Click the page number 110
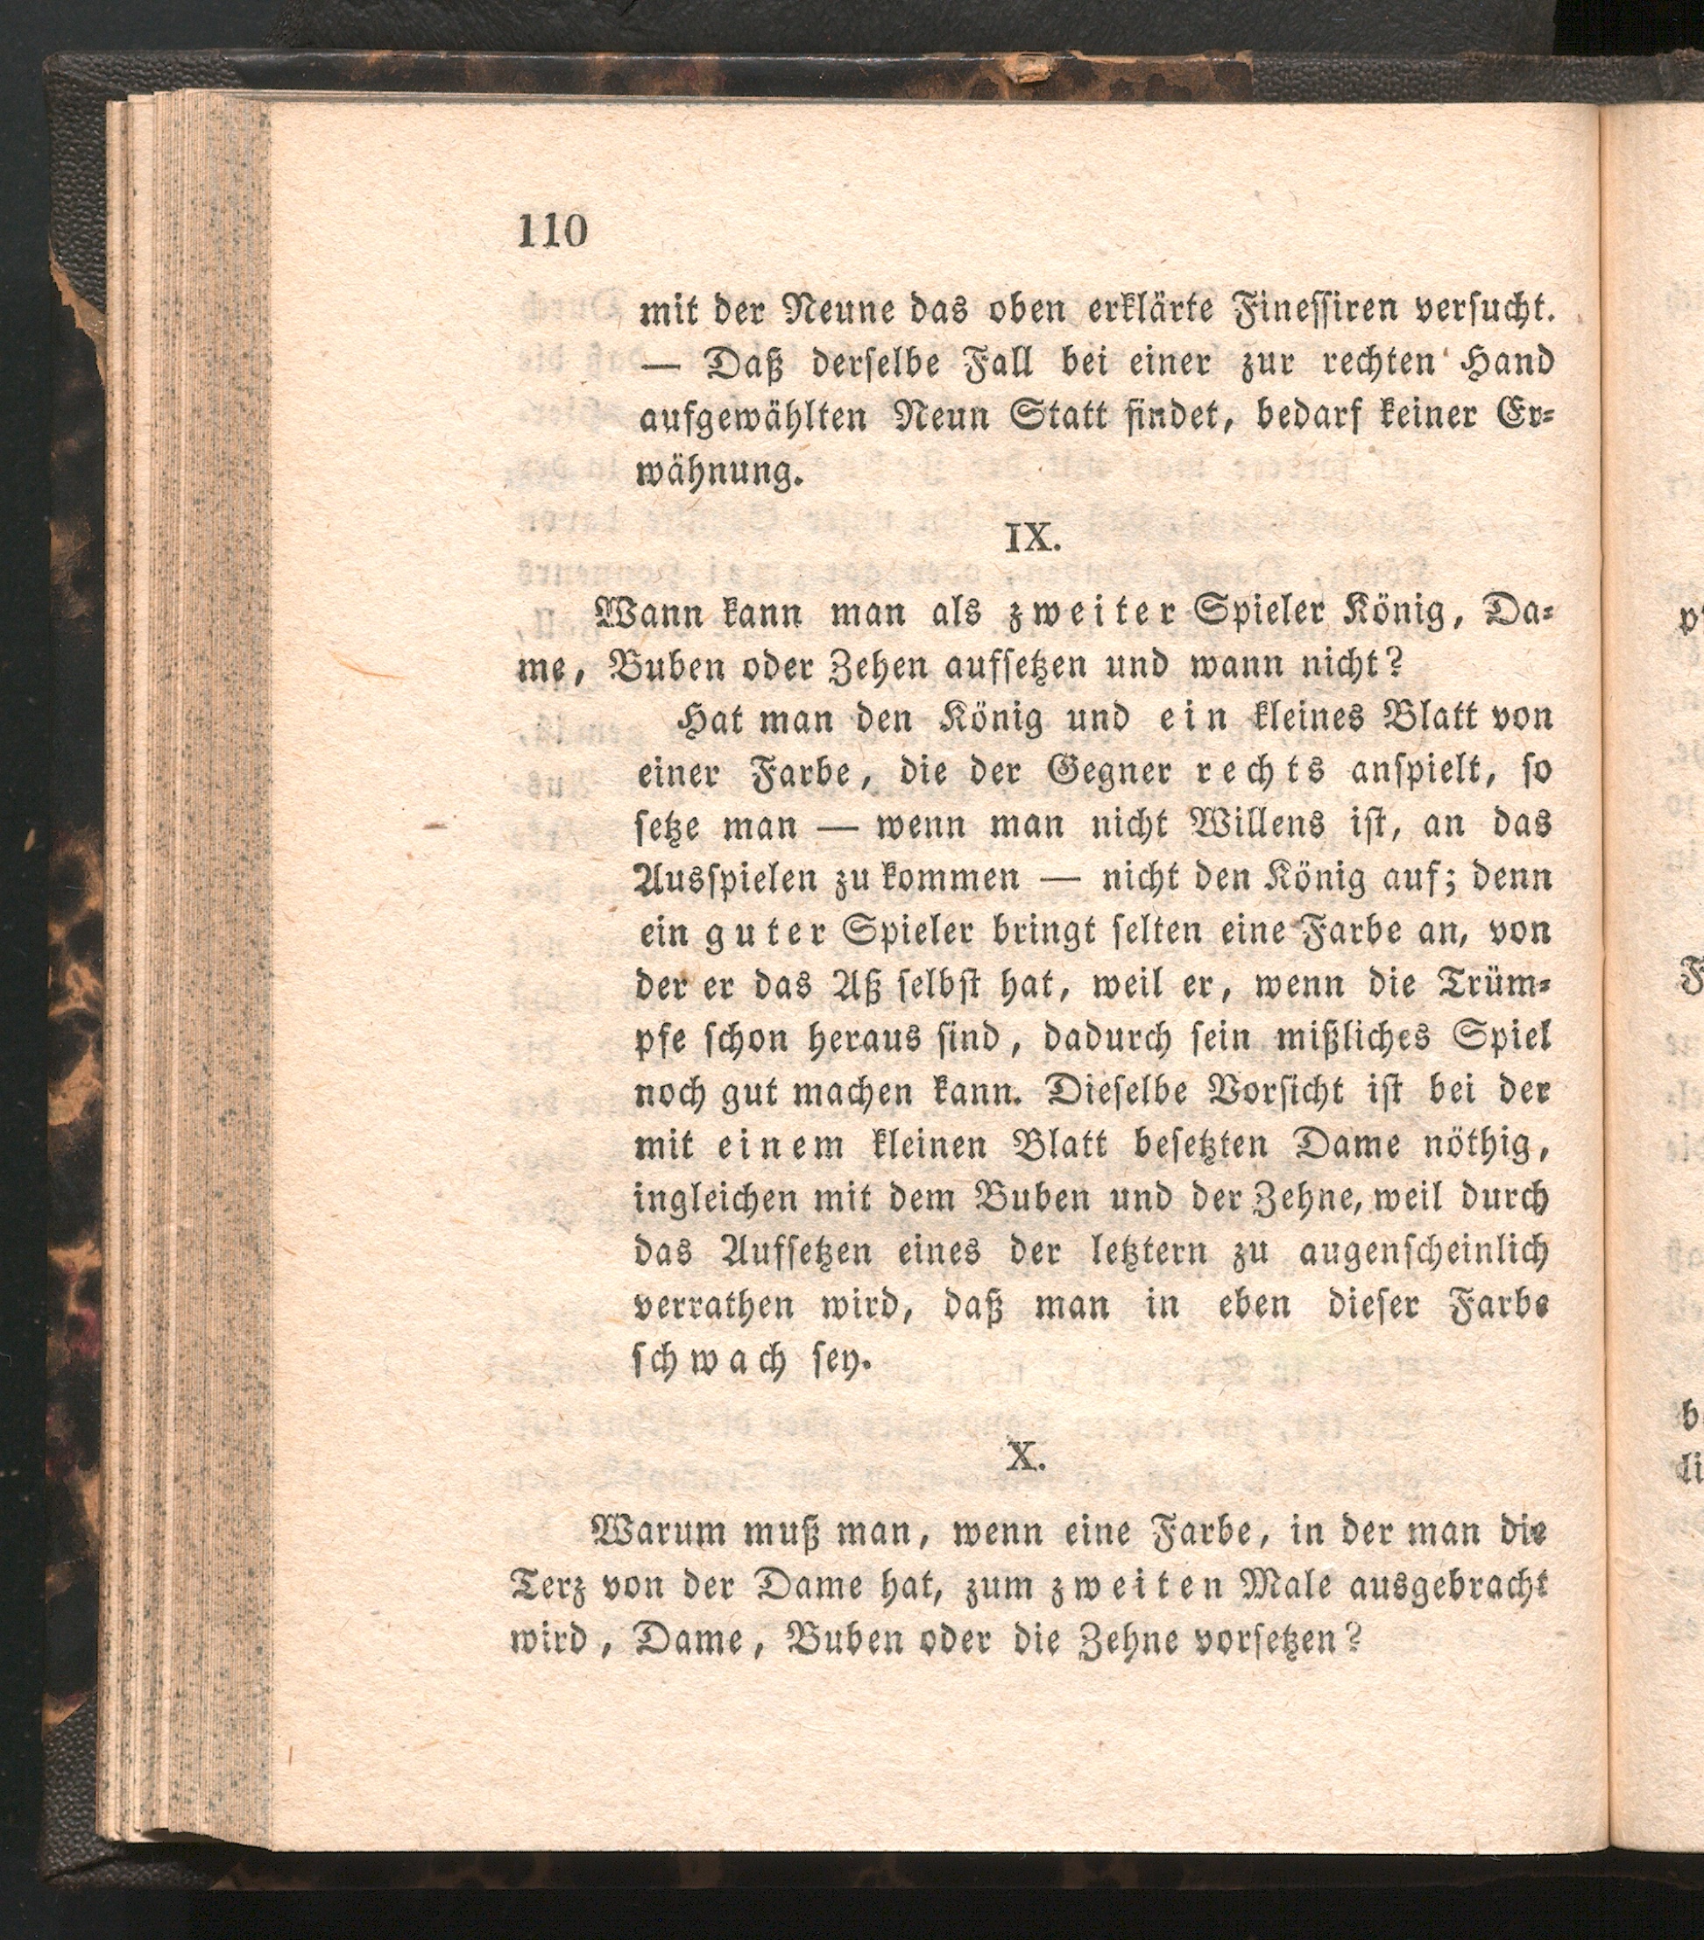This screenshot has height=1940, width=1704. point(552,231)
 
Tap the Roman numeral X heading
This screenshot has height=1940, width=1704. point(1026,1457)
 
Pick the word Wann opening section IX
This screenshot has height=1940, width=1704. point(648,614)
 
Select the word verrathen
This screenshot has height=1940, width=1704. point(712,1307)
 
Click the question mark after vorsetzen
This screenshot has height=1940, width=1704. point(1354,1639)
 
